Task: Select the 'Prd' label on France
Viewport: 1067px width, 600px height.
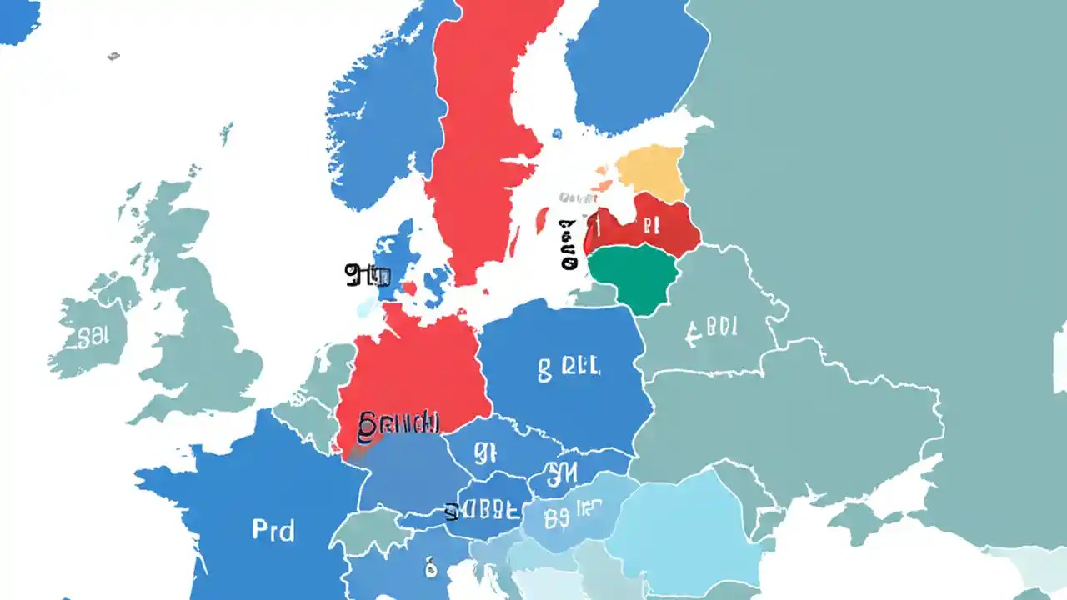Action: click(273, 529)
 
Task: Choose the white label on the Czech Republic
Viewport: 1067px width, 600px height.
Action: click(486, 452)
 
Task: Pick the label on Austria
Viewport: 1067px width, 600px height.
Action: click(488, 509)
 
